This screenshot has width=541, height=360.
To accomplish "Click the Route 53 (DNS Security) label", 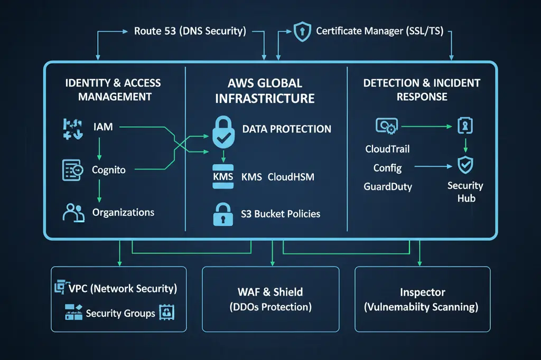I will point(190,31).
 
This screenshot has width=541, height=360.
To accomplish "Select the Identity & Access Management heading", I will point(113,90).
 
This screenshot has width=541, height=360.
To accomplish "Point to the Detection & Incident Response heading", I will point(422,90).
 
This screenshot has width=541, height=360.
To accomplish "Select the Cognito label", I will point(109,170).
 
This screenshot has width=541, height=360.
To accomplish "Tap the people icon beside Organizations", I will point(73,212).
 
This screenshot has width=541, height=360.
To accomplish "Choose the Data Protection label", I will point(286,129).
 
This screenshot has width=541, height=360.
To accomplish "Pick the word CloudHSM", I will point(291,177).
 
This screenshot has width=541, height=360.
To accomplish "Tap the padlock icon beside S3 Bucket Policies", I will point(222,214).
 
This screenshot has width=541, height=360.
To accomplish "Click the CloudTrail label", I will point(387,149).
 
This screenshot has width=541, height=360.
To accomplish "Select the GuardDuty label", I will point(388,186).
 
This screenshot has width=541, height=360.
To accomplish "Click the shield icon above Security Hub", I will point(465,166).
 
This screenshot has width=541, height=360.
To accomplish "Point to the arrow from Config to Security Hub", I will point(433,167).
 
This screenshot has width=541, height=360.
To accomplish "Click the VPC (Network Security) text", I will point(123,289).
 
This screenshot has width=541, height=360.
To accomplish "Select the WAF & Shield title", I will point(270,292).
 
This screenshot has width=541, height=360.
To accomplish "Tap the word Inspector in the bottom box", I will point(422,292).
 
